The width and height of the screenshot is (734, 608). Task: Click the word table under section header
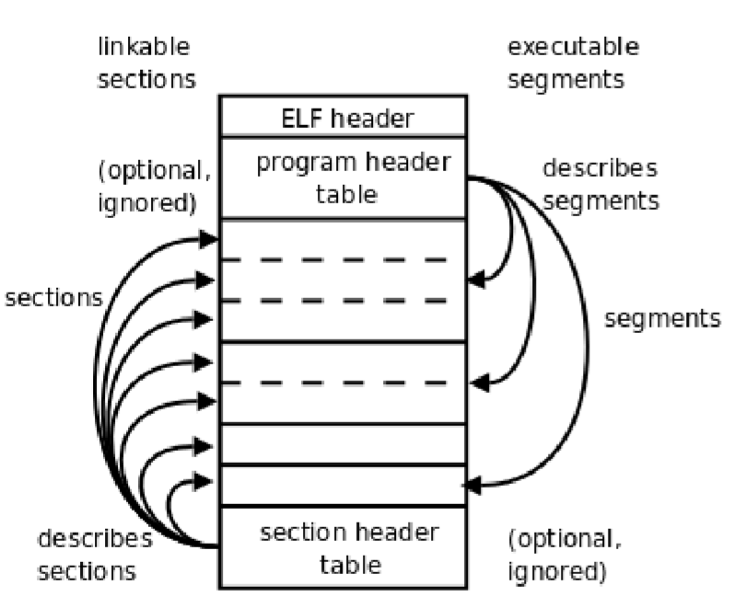point(342,563)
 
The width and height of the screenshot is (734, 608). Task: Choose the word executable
point(573,46)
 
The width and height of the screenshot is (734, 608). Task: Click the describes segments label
point(600,184)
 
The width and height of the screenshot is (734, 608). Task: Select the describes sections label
point(94,554)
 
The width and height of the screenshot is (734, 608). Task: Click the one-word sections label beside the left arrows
point(52,299)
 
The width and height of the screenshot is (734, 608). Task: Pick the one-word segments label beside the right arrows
point(661,318)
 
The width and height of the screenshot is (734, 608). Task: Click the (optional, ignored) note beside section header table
point(560,555)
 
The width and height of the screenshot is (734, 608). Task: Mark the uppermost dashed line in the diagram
point(342,261)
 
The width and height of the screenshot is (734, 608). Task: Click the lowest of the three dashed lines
point(342,382)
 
